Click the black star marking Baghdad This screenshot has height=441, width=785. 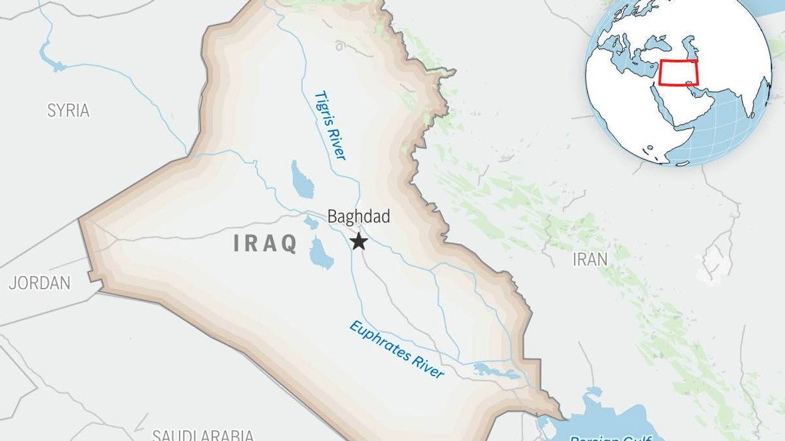pos(359,241)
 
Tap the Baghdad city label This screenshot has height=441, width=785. pos(358,217)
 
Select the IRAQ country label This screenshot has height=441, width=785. pos(265,243)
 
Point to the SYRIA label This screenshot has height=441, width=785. pos(68,111)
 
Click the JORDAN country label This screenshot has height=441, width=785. pos(39,283)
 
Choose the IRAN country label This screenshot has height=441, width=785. pos(590,259)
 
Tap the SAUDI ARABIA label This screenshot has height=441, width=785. pos(203,435)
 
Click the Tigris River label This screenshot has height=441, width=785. pos(330,125)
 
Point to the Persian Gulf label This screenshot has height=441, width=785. pos(610,437)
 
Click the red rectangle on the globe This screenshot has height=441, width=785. pos(678,72)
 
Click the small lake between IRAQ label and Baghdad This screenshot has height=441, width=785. pos(311,222)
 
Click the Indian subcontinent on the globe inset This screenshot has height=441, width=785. pos(744,101)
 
